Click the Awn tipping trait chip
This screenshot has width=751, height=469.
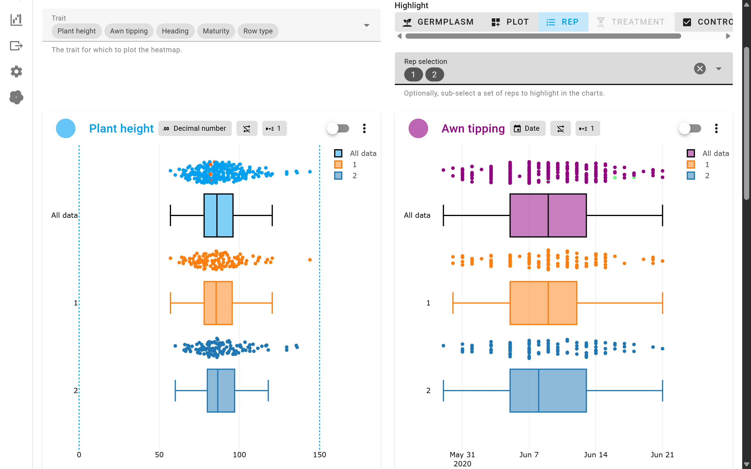click(x=128, y=31)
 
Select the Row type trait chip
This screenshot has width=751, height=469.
click(x=258, y=31)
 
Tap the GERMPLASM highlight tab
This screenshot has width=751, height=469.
click(x=438, y=22)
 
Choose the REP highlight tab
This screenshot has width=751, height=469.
click(x=563, y=22)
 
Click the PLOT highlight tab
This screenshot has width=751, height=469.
click(x=510, y=22)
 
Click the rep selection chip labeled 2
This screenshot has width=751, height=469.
click(x=434, y=74)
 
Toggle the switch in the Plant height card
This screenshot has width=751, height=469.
click(x=338, y=128)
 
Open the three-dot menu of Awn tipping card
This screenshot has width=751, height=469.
click(x=716, y=128)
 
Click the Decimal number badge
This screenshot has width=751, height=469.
click(x=195, y=128)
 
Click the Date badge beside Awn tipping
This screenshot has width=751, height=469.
click(x=527, y=128)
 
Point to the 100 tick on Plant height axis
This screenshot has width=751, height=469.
click(x=239, y=454)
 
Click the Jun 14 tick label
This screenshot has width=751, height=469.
click(x=595, y=454)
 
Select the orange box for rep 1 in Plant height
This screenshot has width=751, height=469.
click(x=218, y=303)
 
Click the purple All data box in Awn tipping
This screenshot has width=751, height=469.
click(x=548, y=215)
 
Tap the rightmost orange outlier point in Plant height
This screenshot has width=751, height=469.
click(x=310, y=260)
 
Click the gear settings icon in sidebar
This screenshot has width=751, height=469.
click(x=16, y=72)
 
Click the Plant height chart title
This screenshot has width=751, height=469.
click(x=121, y=128)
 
